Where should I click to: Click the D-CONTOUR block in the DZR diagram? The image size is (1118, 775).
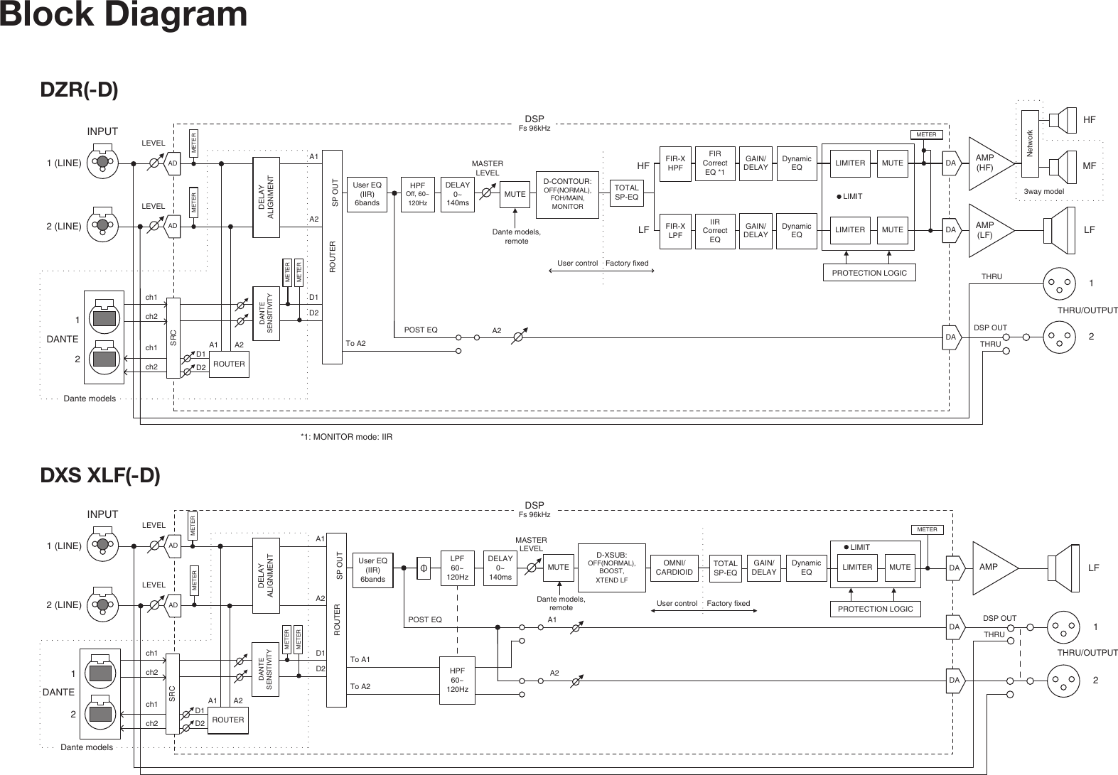[x=566, y=193]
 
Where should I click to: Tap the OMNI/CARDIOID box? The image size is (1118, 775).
[x=674, y=568]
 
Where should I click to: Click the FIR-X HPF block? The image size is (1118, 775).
[x=675, y=163]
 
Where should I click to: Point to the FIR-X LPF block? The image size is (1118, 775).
[x=675, y=230]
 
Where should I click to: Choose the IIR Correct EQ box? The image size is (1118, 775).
[x=715, y=230]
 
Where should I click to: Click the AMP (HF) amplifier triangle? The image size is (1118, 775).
[x=988, y=163]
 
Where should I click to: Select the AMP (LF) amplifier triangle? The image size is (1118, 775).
[x=988, y=230]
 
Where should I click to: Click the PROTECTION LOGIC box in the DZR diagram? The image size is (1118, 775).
[x=869, y=273]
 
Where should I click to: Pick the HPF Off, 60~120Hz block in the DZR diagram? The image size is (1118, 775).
[x=417, y=194]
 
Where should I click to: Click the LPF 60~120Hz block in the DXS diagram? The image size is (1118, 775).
[x=456, y=568]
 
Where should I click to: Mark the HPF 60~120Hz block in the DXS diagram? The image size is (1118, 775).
[x=457, y=680]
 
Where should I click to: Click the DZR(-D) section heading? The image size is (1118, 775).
[x=79, y=90]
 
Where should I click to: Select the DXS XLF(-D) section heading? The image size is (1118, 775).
[x=100, y=475]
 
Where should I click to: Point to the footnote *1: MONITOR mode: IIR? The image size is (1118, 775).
[x=346, y=436]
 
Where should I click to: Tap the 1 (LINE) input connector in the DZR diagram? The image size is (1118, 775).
[x=102, y=163]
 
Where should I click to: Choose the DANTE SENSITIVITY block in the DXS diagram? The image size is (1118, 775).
[x=266, y=671]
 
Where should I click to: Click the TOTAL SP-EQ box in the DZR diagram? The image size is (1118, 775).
[x=626, y=193]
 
